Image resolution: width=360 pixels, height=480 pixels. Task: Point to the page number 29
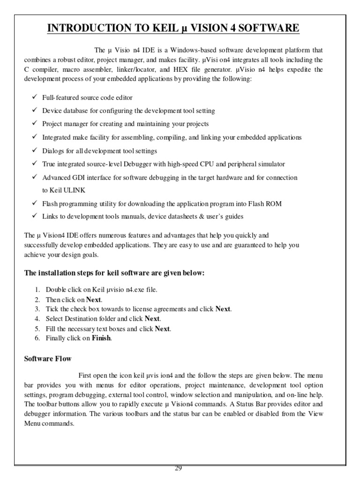(178, 468)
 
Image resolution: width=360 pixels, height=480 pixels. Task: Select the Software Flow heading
(48, 359)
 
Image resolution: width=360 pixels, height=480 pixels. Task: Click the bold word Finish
(101, 338)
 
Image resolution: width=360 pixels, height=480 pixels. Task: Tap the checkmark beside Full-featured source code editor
(35, 97)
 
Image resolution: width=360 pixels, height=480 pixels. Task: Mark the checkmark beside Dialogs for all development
(35, 151)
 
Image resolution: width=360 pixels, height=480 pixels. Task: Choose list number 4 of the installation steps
(37, 319)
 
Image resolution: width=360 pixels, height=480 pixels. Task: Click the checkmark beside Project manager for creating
(35, 124)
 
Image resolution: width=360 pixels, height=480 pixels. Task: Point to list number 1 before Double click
(37, 289)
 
